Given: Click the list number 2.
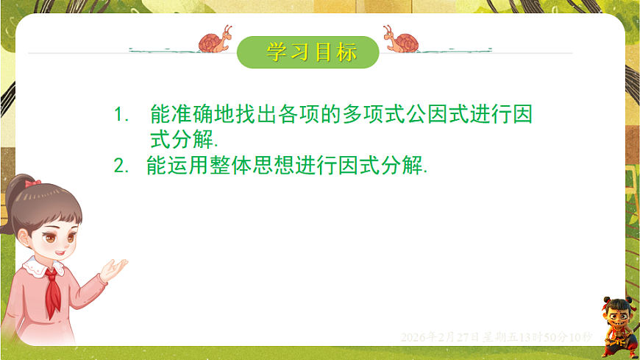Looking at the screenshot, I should [120, 166].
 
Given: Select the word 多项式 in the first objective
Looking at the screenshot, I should [371, 115].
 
